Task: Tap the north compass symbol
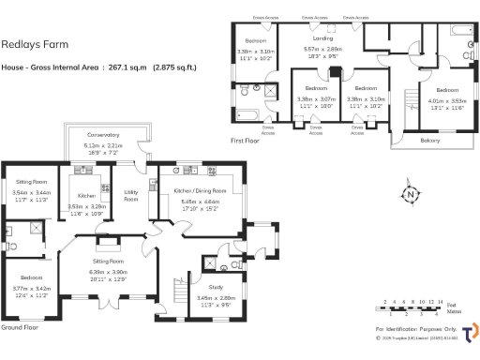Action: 410,195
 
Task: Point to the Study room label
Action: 216,287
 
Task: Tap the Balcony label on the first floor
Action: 430,140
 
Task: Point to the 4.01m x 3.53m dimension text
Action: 446,100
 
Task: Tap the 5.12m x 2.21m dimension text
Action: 103,147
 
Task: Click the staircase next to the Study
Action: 174,293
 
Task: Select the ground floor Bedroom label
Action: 27,278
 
